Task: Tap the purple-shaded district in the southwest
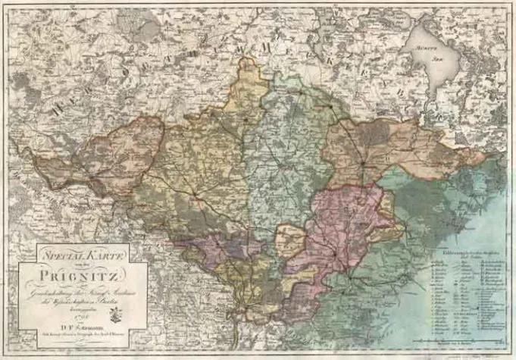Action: [216, 246]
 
